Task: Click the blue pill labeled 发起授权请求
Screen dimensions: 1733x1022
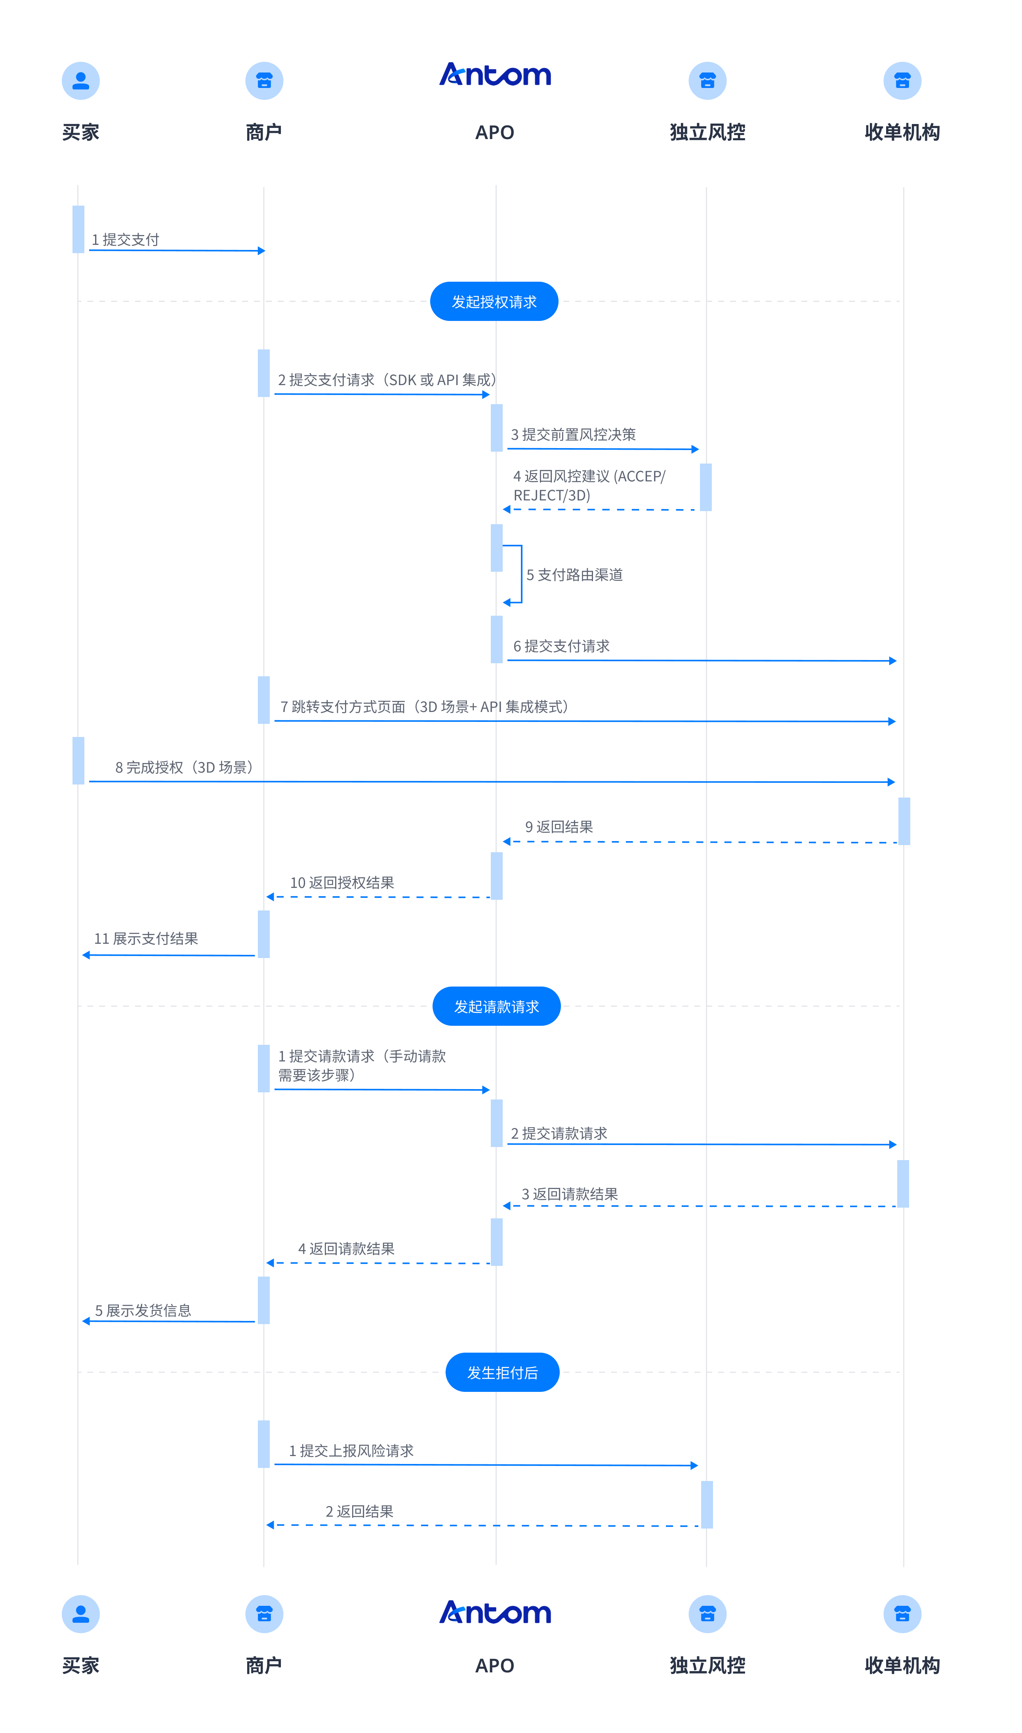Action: point(494,302)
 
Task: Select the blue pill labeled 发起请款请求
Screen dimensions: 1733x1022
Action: point(496,1006)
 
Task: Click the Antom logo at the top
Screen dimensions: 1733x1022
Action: point(495,74)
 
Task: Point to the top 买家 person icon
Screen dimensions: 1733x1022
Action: point(80,80)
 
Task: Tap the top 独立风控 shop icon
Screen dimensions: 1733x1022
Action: point(707,80)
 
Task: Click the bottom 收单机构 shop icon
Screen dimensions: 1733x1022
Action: point(902,1614)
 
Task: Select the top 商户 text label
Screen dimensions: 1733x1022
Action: point(264,132)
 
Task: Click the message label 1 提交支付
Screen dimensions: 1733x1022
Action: point(125,240)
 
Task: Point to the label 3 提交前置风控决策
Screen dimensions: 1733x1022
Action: point(573,435)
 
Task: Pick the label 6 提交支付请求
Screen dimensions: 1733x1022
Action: point(561,646)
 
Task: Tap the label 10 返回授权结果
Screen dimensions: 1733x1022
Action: point(341,883)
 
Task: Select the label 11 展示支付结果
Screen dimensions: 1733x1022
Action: point(146,939)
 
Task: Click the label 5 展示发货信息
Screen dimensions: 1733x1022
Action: point(143,1311)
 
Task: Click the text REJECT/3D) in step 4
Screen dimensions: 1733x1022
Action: point(552,495)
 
